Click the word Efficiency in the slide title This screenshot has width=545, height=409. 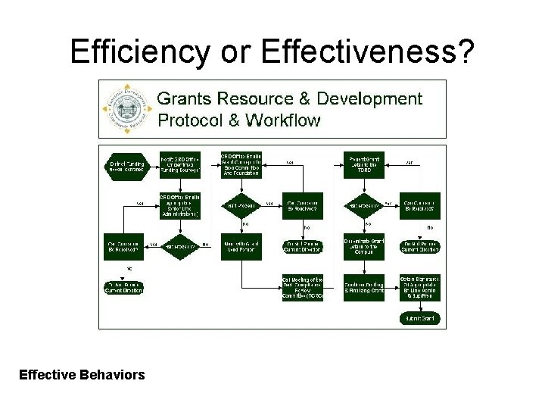(x=139, y=52)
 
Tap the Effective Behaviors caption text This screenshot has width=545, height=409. (x=82, y=373)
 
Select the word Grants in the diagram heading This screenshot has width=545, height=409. (x=184, y=99)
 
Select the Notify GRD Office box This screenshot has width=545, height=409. (x=180, y=164)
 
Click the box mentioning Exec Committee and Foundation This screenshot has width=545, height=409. (x=241, y=164)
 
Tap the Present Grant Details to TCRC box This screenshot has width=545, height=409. (x=364, y=164)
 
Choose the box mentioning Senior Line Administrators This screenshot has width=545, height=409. (x=180, y=206)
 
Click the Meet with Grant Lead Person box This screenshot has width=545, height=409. (x=241, y=247)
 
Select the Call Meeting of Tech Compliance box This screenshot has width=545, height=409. (x=303, y=287)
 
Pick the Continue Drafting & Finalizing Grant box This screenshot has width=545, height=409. (x=364, y=287)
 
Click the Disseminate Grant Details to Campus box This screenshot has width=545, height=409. (x=364, y=247)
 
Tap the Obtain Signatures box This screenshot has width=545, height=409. (x=420, y=287)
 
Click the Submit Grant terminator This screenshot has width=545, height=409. (x=420, y=319)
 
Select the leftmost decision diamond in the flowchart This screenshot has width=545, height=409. (x=180, y=247)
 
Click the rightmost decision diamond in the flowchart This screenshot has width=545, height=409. (x=364, y=206)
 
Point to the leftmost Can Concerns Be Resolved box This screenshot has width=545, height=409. (x=123, y=247)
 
